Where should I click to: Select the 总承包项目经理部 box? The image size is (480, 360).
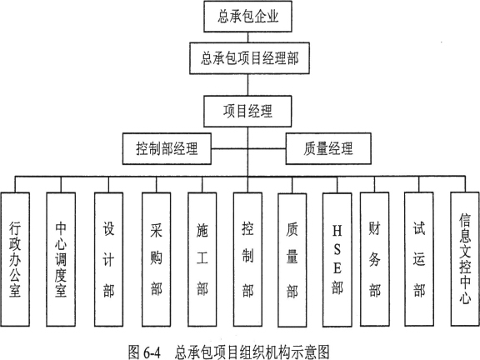pyautogui.click(x=249, y=59)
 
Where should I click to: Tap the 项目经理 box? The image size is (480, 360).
pyautogui.click(x=249, y=109)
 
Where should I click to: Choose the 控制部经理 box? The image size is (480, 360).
pyautogui.click(x=167, y=149)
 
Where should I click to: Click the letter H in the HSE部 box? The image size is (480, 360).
pyautogui.click(x=337, y=227)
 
